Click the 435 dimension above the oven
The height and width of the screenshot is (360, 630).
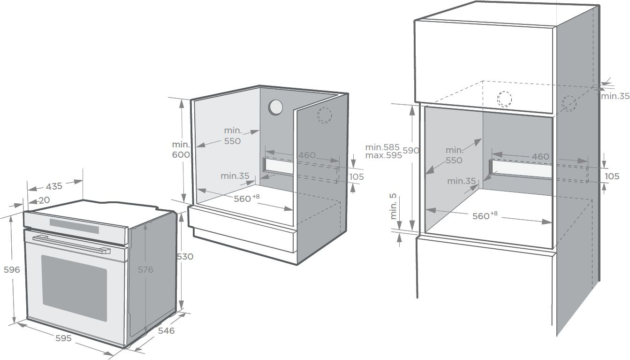click(54, 186)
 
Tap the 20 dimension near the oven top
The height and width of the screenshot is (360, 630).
click(44, 200)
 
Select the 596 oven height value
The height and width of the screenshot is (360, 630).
click(12, 270)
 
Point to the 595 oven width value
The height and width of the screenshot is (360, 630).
click(63, 338)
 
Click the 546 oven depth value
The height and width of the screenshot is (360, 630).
click(166, 330)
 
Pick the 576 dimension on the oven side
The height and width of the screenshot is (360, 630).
click(145, 270)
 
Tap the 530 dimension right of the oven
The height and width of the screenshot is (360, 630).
click(185, 256)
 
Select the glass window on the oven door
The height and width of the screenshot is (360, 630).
click(74, 288)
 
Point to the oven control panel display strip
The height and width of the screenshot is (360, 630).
click(74, 226)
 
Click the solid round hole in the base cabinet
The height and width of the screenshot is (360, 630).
click(276, 107)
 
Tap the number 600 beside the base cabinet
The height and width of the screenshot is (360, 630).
click(181, 154)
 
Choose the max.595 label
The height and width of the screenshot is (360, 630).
click(384, 155)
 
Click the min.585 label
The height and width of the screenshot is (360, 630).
click(382, 147)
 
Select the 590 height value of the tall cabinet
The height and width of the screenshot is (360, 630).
click(411, 151)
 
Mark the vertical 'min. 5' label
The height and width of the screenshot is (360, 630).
click(393, 207)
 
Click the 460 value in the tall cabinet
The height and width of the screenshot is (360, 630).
click(540, 156)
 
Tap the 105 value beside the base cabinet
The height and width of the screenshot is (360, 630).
click(357, 177)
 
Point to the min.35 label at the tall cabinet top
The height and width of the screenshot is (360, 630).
click(615, 96)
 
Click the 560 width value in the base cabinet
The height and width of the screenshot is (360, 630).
click(243, 199)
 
